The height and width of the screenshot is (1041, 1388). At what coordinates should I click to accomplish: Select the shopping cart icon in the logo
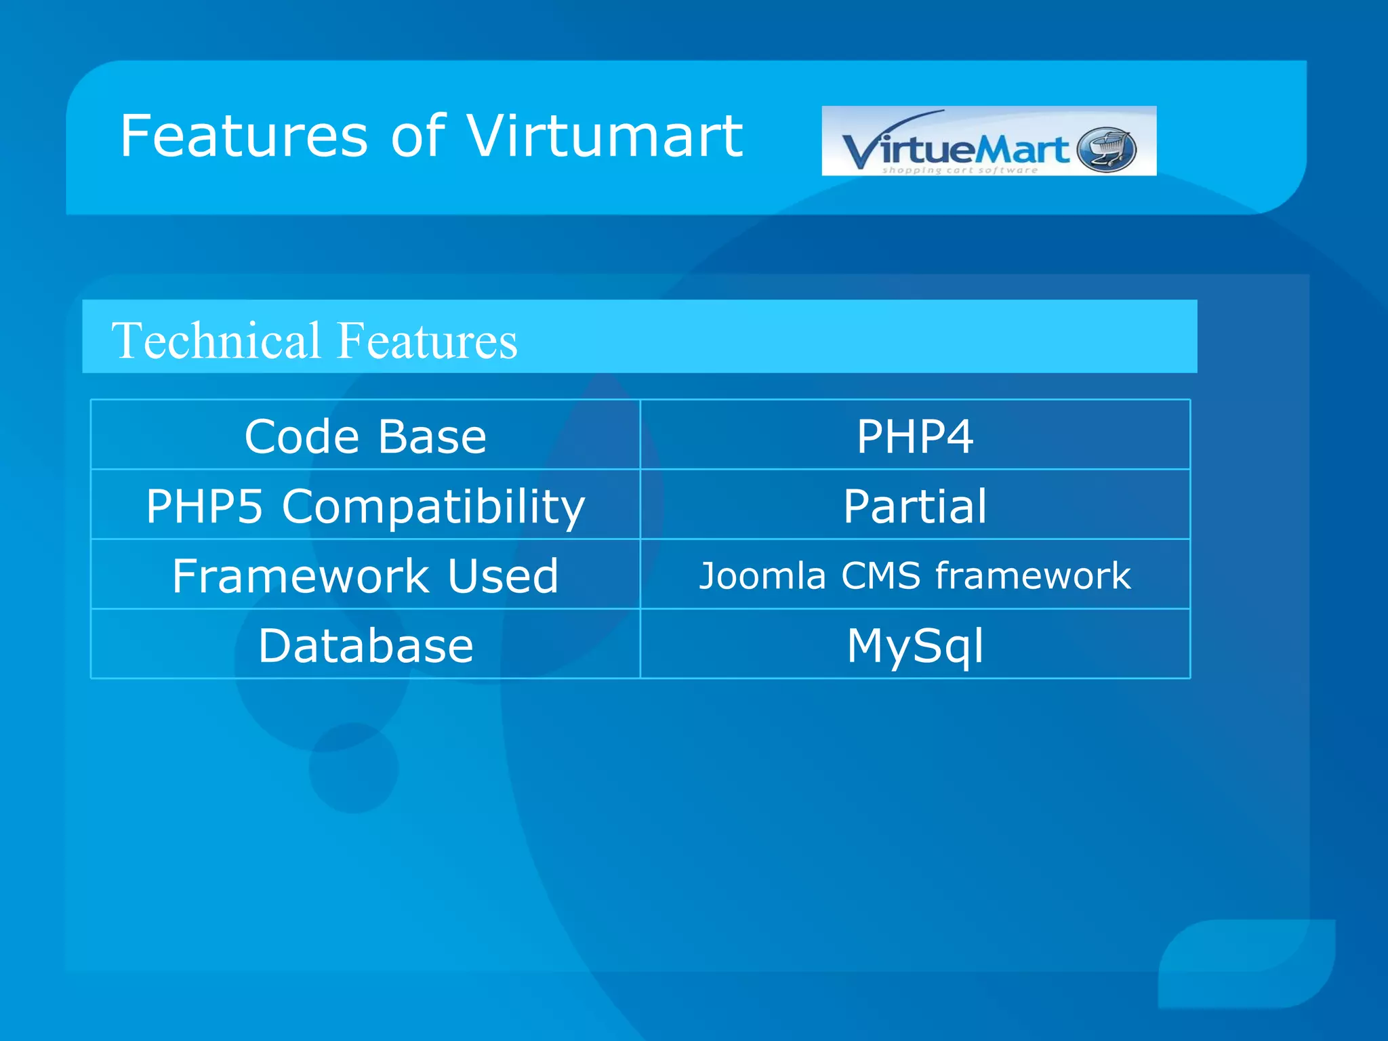1106,149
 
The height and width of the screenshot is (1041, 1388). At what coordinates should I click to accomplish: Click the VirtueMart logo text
956,149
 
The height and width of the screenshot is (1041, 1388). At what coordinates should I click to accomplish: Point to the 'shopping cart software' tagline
959,170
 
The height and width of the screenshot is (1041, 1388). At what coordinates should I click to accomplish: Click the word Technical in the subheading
216,340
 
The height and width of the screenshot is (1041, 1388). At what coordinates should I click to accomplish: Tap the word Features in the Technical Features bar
427,340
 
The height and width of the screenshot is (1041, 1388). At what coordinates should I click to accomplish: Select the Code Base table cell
365,436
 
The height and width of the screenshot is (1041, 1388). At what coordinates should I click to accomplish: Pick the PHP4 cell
915,436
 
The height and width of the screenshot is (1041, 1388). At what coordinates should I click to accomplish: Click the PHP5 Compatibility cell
365,506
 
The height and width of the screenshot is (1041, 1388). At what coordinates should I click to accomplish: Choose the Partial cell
915,506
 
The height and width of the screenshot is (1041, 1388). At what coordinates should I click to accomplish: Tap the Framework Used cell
365,576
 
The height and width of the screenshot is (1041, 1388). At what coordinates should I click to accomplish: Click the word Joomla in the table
762,576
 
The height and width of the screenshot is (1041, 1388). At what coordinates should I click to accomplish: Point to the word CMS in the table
880,576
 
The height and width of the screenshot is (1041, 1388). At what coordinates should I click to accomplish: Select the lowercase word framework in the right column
1033,576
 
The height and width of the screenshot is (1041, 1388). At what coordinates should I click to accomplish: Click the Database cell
365,645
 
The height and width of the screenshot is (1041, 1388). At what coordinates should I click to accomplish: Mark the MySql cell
915,645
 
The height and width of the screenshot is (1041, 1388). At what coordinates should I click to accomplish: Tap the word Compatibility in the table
433,507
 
